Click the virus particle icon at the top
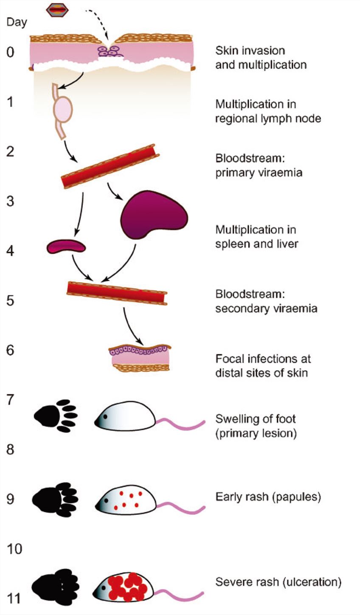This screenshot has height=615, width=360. (x=57, y=9)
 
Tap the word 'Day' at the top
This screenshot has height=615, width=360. (x=17, y=22)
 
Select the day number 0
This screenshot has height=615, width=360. (x=10, y=52)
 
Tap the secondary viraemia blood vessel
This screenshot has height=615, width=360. (x=117, y=293)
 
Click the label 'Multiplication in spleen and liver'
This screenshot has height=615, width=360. (x=256, y=237)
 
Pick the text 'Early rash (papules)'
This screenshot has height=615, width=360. (x=268, y=497)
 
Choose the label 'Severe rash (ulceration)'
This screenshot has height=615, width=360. (x=278, y=581)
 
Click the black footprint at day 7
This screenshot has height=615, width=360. (x=55, y=416)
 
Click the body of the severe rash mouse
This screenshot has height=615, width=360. (x=127, y=587)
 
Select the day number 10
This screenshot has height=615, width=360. (x=14, y=549)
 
